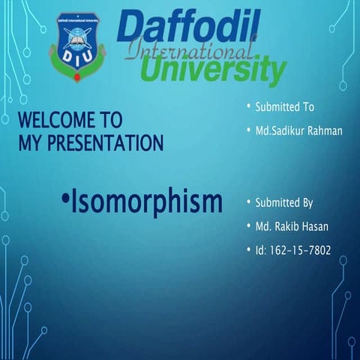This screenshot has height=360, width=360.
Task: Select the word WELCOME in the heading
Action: (x=55, y=120)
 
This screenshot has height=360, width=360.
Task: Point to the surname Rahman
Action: (x=323, y=131)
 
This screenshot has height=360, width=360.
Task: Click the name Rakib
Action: (x=290, y=226)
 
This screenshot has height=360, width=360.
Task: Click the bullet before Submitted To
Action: (x=248, y=107)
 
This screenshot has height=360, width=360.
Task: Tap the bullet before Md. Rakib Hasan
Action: (x=248, y=226)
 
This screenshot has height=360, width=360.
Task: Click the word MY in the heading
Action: (x=29, y=140)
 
